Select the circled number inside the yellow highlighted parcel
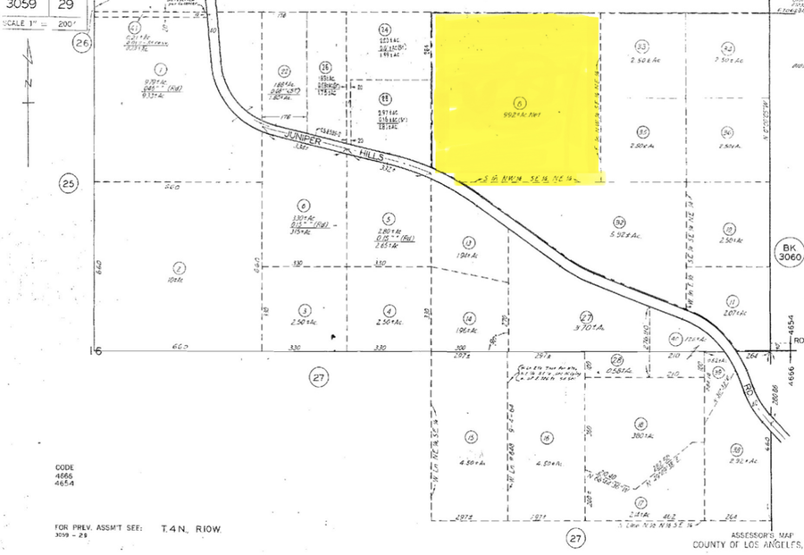(x=519, y=102)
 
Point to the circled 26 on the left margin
(x=83, y=42)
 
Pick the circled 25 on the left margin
(x=69, y=184)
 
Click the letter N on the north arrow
(x=28, y=81)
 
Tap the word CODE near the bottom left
(x=65, y=467)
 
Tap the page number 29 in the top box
(x=65, y=5)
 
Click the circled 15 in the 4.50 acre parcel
(x=470, y=438)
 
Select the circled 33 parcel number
(x=641, y=46)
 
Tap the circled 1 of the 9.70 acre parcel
(x=161, y=69)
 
